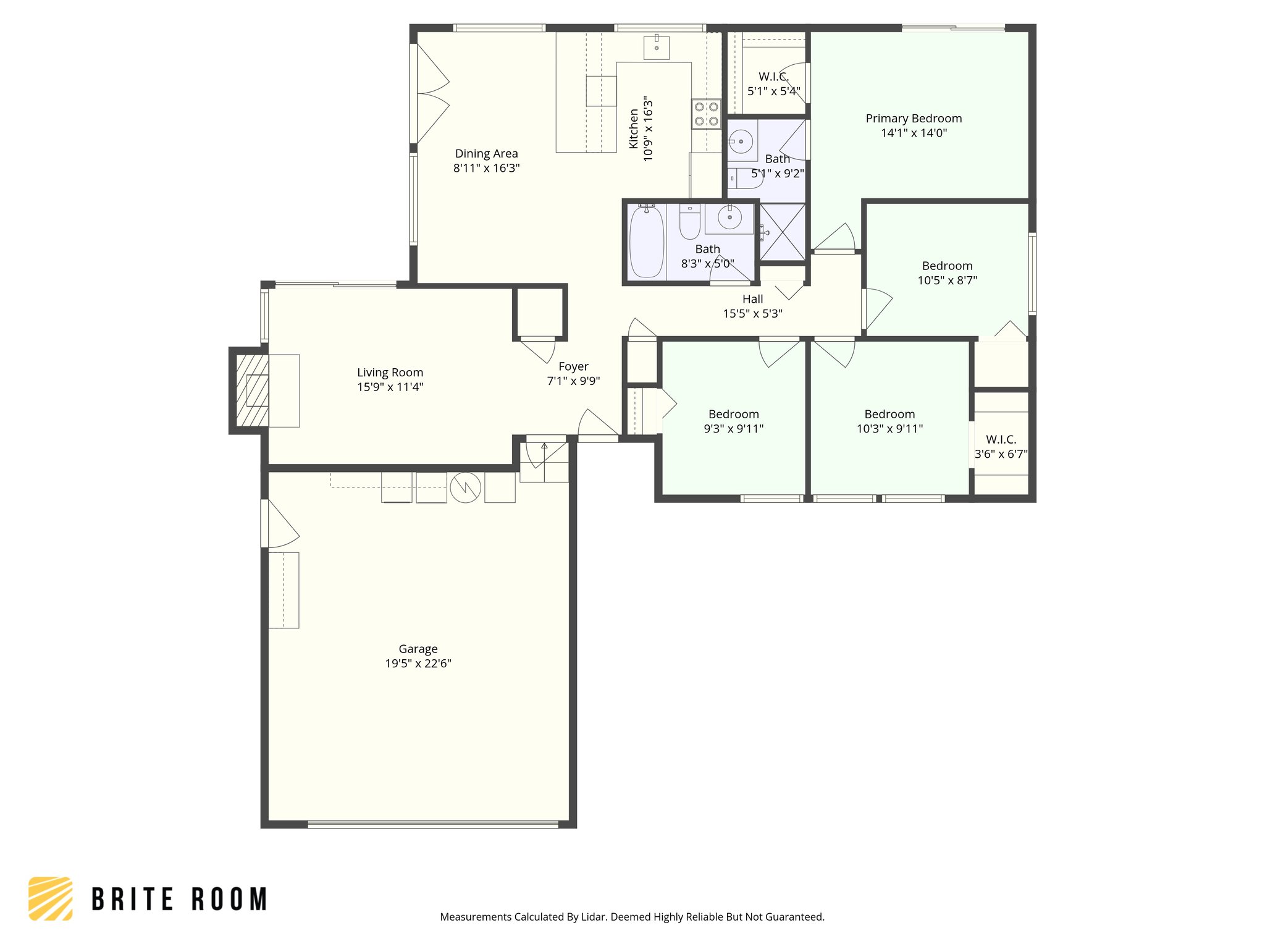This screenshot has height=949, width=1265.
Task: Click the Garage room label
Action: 418,649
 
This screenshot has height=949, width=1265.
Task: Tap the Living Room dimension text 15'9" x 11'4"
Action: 390,387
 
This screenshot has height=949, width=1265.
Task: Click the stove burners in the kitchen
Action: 706,114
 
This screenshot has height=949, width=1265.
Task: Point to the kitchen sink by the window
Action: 656,47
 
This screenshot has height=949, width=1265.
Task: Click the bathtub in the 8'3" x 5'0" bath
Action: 646,242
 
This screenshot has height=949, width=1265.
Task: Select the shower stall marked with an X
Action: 783,233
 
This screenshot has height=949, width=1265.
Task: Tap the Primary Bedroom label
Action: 914,119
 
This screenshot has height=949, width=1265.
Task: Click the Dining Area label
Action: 486,154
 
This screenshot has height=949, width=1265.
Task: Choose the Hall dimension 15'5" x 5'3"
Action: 752,314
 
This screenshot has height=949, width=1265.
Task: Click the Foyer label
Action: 573,366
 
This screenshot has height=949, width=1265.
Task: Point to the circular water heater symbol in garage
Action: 465,487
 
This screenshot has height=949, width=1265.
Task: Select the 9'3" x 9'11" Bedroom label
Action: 733,415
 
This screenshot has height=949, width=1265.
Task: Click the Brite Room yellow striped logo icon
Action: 51,898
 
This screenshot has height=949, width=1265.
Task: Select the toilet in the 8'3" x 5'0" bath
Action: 689,223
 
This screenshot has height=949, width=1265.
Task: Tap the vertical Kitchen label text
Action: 634,129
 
